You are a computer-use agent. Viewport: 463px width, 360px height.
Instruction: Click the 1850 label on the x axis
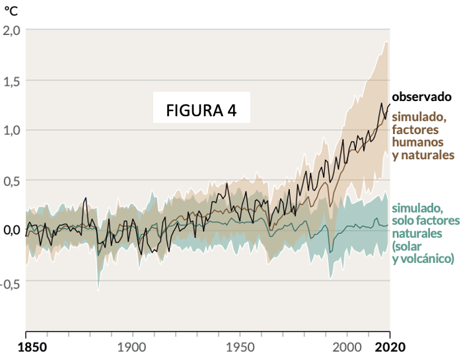tap(26, 347)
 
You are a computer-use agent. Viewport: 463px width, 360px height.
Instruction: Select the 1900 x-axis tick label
tap(133, 347)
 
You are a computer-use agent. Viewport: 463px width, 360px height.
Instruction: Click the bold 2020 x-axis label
tap(390, 347)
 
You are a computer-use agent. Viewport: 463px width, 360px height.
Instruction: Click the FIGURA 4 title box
tap(201, 109)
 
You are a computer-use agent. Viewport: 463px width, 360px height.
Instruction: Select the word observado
tap(421, 96)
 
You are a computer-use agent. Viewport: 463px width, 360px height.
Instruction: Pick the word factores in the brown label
tap(415, 129)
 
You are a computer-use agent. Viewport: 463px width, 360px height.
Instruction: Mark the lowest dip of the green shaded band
tap(98, 289)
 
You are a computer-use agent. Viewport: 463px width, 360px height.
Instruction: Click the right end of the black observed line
tap(390, 104)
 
